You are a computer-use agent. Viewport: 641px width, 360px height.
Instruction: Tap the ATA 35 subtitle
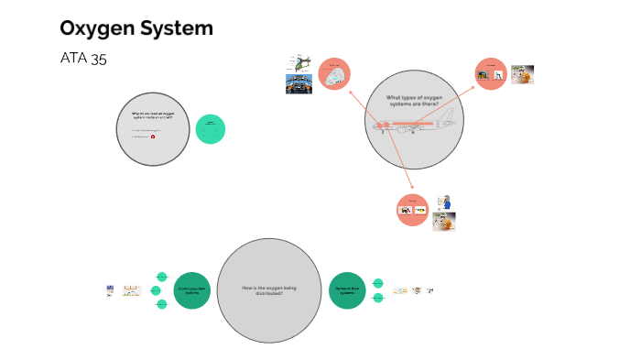[83, 59]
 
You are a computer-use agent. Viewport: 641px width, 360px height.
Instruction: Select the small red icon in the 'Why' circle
[153, 136]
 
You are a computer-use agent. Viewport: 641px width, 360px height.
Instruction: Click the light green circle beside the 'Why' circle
[211, 129]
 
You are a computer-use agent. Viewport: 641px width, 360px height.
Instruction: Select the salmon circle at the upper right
[491, 75]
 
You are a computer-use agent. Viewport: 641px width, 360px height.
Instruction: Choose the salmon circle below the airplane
[413, 210]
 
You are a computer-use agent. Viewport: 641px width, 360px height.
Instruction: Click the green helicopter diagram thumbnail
[299, 61]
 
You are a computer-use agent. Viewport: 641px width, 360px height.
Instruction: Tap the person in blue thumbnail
[444, 202]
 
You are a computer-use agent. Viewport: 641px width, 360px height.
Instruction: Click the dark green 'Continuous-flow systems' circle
[192, 290]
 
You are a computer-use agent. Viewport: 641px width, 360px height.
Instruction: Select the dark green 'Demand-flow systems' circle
[347, 290]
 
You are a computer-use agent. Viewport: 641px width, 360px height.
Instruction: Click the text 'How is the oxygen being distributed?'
[269, 290]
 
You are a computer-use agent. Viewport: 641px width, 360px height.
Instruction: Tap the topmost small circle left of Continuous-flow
[162, 276]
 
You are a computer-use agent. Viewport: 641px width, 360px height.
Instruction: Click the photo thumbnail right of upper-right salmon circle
[522, 74]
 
